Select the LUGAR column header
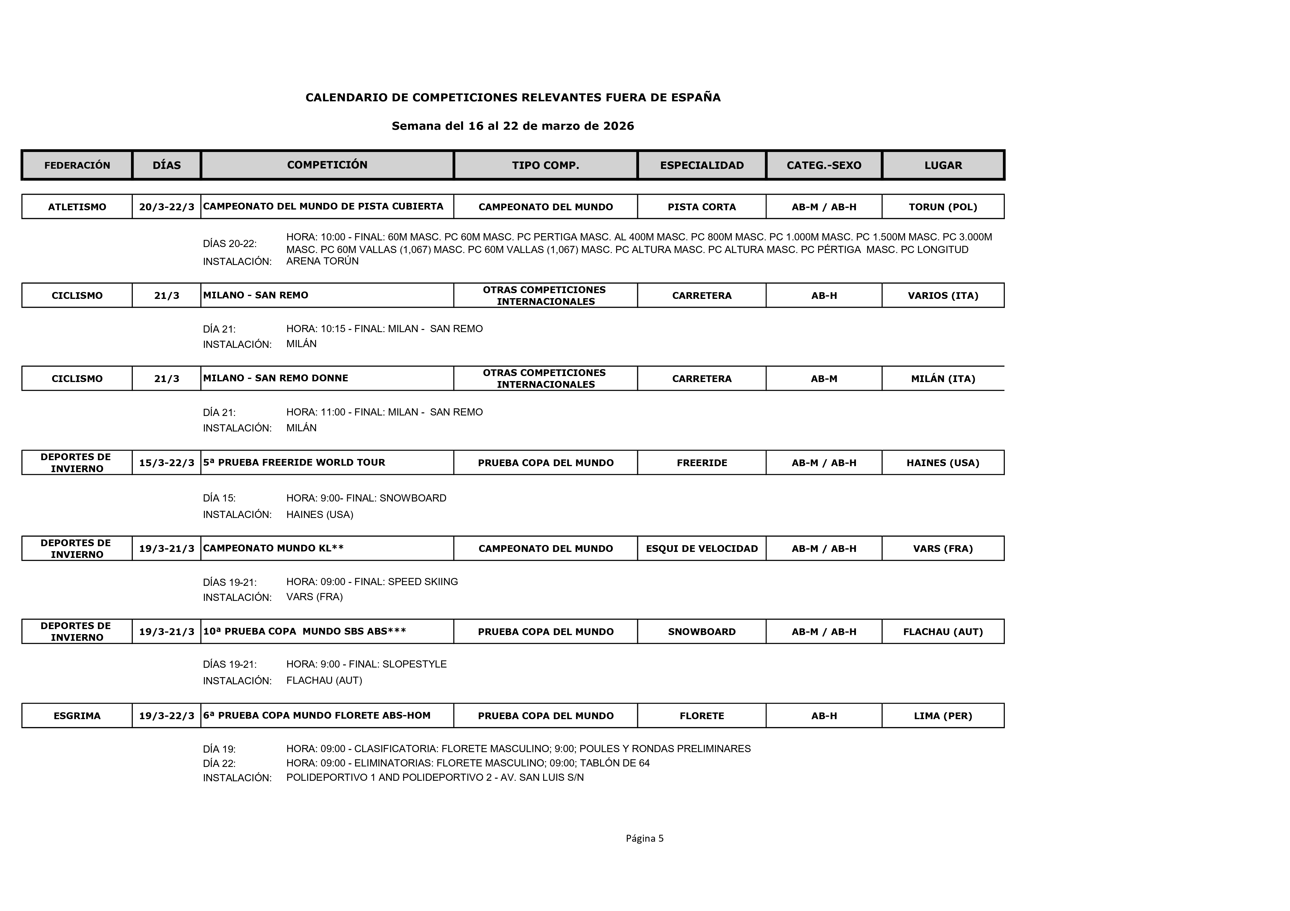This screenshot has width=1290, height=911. [x=943, y=165]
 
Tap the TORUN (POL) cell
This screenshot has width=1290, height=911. [x=943, y=207]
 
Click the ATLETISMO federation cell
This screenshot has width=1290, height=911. [x=77, y=207]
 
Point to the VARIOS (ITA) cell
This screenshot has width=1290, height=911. [x=943, y=296]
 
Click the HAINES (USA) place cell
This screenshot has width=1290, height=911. [x=943, y=463]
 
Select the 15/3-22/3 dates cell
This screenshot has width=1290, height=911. [x=166, y=463]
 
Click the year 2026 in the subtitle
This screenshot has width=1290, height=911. [x=619, y=126]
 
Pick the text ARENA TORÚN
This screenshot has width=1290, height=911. [x=322, y=261]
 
